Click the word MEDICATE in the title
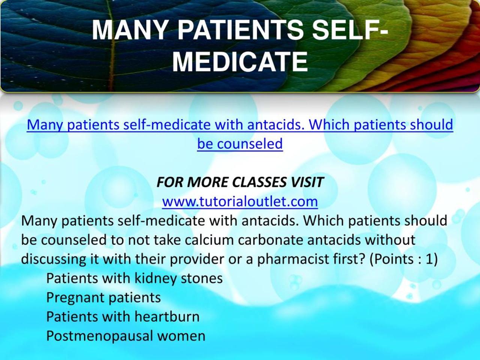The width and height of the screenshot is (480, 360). [x=240, y=61]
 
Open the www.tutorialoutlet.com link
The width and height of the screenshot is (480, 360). [x=240, y=201]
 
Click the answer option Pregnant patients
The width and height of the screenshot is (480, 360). [x=103, y=297]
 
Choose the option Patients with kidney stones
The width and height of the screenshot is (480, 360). [x=134, y=278]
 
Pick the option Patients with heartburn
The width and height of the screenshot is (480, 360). [x=123, y=316]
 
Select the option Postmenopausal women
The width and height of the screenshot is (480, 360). [x=126, y=336]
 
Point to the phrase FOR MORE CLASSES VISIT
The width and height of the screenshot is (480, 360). [x=240, y=182]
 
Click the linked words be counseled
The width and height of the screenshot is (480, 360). [x=240, y=144]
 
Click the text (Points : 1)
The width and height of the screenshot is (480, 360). [x=403, y=259]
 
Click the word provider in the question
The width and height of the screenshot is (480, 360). [x=197, y=259]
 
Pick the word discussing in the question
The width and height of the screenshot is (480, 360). [x=49, y=259]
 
